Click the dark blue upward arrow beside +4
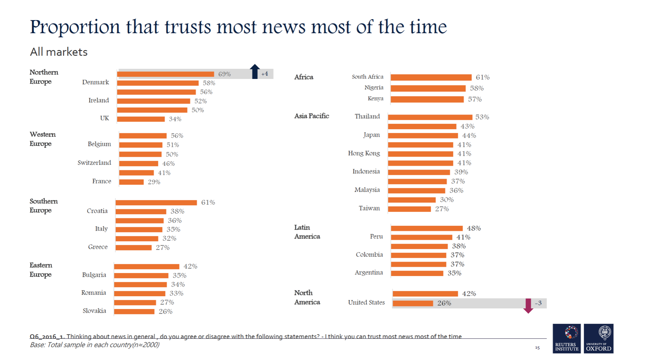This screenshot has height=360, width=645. [x=255, y=71]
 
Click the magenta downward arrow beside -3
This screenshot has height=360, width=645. [x=528, y=306]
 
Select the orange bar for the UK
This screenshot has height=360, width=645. [x=141, y=119]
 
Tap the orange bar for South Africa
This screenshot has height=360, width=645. [x=431, y=77]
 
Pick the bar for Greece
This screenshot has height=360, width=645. [x=133, y=247]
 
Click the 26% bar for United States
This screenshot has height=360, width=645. [x=413, y=303]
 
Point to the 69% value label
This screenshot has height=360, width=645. [x=224, y=74]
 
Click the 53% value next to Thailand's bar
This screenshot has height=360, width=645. [x=482, y=117]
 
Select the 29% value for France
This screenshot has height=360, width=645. [x=154, y=182]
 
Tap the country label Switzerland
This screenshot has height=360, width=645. [x=94, y=163]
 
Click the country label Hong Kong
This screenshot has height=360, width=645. [x=364, y=153]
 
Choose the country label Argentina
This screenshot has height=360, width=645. [x=369, y=272]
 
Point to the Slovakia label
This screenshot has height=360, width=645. [x=94, y=311]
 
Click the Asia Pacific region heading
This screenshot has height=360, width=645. [x=311, y=116]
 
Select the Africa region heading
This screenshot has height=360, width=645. [x=304, y=77]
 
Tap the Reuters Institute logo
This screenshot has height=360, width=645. [x=567, y=339]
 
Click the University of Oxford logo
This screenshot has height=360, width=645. [x=599, y=339]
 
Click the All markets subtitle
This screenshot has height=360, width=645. [x=59, y=52]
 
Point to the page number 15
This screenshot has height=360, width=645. [x=537, y=347]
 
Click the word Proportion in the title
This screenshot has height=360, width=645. [x=75, y=27]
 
